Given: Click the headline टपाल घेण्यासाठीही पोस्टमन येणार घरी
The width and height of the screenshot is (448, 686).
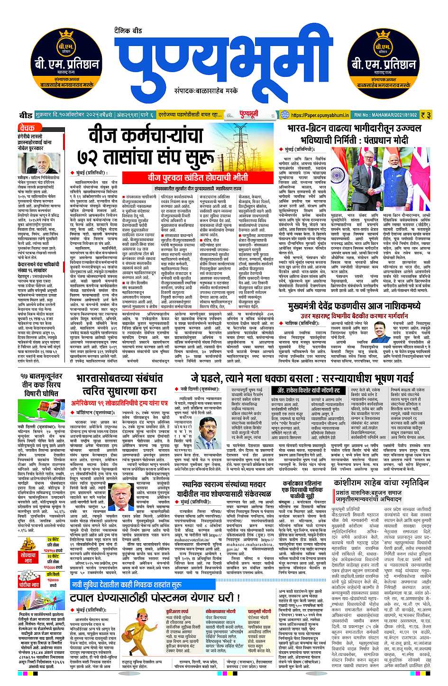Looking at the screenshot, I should click(155, 597).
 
